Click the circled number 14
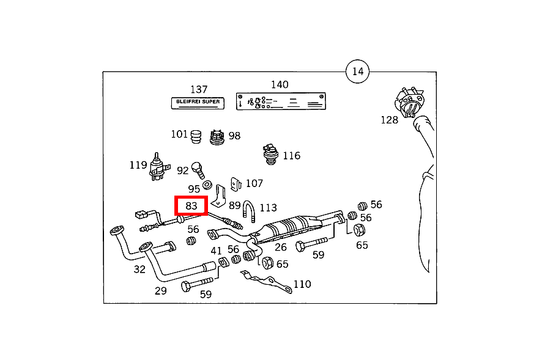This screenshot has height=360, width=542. (x=358, y=72)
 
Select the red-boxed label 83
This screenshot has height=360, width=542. (x=191, y=206)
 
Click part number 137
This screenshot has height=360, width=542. (x=199, y=89)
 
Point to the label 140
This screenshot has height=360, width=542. (x=280, y=85)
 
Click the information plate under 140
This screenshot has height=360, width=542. (x=281, y=101)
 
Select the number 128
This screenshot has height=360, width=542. (x=389, y=120)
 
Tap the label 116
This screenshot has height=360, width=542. (x=291, y=155)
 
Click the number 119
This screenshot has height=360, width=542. (x=138, y=165)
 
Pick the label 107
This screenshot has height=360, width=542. (x=254, y=183)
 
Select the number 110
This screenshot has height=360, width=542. (x=302, y=284)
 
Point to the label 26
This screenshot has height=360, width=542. (x=280, y=248)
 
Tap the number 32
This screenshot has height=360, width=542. (x=139, y=269)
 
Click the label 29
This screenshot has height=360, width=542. (x=160, y=290)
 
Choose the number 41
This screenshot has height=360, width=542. (x=217, y=251)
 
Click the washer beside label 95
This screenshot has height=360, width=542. (x=207, y=185)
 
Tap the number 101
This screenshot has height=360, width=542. (x=179, y=134)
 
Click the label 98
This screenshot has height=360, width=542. (x=234, y=136)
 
